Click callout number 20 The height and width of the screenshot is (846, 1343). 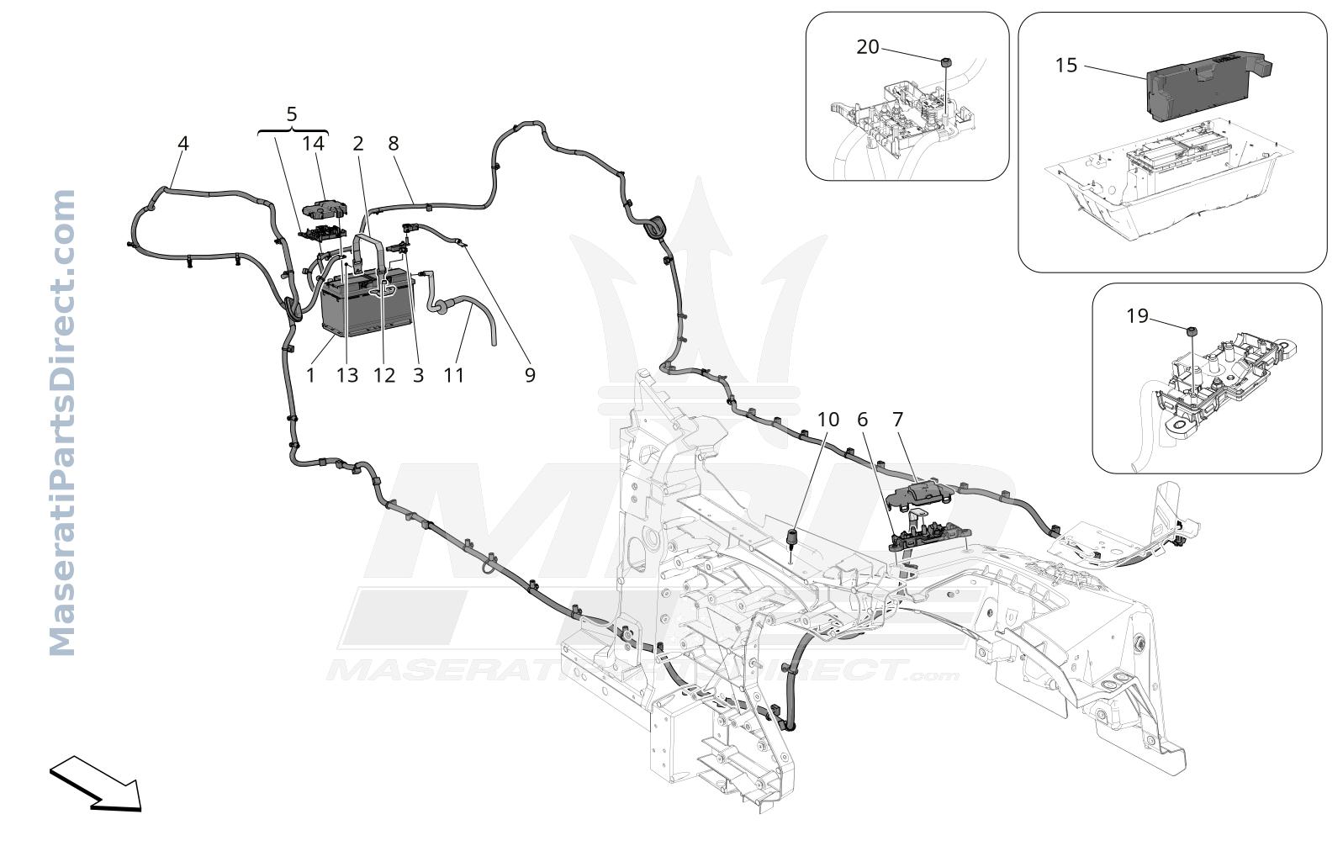(x=867, y=47)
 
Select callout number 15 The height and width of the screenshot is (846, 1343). (x=1066, y=66)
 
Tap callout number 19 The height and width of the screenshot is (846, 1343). (x=1137, y=316)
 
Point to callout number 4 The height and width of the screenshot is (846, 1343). (x=182, y=143)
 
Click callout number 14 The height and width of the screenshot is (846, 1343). (x=313, y=143)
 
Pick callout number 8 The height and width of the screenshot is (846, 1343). (x=394, y=143)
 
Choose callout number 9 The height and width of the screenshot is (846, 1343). (x=530, y=375)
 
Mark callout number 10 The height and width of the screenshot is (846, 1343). (x=828, y=420)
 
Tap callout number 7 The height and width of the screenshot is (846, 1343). (x=897, y=420)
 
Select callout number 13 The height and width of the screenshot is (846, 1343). (x=347, y=375)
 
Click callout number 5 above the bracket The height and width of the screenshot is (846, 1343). (x=292, y=114)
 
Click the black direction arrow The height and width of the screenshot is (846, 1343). (x=96, y=784)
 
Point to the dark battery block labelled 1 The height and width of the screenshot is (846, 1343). (x=367, y=304)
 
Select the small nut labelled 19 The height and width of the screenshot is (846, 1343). (x=1192, y=331)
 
